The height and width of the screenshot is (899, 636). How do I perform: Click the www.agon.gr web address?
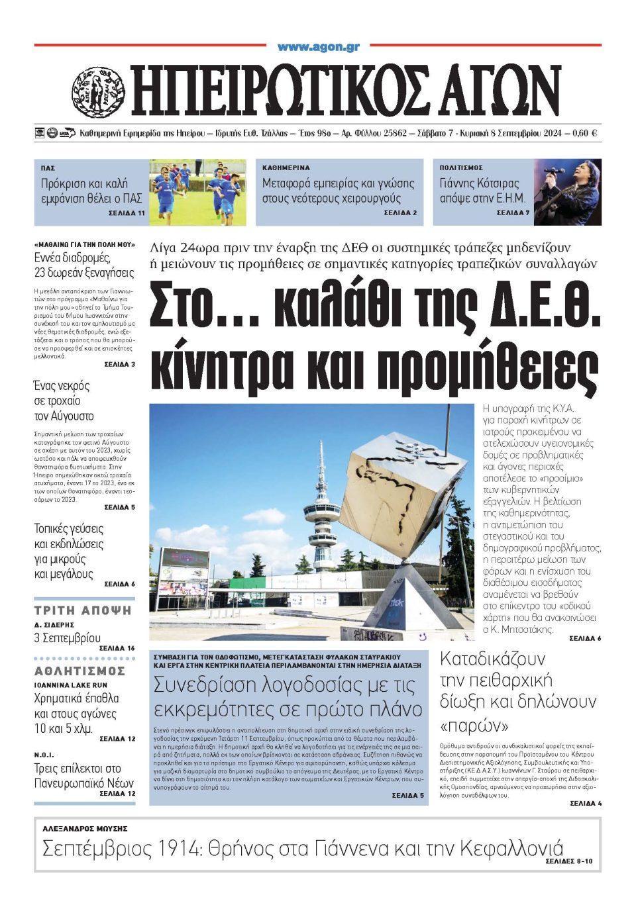pos(318,47)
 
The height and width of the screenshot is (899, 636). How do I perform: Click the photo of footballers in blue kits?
pos(198,191)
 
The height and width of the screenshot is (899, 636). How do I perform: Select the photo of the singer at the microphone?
pos(568,191)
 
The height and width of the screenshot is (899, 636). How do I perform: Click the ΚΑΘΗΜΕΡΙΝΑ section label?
pos(286,168)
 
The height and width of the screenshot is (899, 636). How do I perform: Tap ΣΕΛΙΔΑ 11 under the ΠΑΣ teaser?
pos(127,214)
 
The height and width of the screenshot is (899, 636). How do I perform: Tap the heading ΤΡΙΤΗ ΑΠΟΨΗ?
pos(83,610)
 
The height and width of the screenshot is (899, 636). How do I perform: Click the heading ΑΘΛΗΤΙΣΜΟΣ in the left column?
pos(79,671)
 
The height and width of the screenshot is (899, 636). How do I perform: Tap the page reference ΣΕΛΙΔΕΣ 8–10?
pos(570,861)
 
